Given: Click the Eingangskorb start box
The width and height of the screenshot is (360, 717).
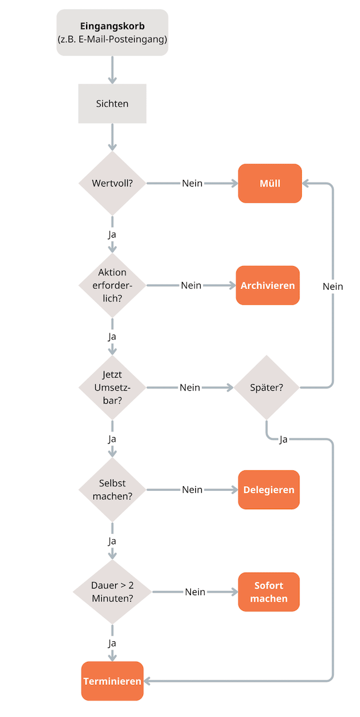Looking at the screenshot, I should [112, 33].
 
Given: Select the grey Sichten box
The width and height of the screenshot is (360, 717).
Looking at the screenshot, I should [112, 104].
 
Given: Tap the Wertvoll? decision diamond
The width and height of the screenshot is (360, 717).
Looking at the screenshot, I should [112, 183].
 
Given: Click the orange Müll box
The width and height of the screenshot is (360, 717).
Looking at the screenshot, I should [270, 183].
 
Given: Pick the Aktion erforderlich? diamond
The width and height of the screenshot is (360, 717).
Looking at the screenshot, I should [112, 285].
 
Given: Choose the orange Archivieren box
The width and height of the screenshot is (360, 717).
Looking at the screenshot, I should [268, 285].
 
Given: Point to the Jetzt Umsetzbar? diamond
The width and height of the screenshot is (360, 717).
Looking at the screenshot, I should [112, 387].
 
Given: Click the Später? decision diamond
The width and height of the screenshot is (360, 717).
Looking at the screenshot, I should [267, 387].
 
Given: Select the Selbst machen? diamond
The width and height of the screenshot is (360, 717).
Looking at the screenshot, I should [112, 490].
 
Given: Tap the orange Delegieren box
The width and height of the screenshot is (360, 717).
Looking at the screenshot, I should [269, 490].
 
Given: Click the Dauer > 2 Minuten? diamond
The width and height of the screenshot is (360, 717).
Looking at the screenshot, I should [112, 592].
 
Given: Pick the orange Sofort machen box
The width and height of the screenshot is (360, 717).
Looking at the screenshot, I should [269, 592].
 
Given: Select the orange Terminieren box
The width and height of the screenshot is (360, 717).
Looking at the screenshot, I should [112, 681].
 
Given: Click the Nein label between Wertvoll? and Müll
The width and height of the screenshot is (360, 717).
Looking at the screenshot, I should [192, 183].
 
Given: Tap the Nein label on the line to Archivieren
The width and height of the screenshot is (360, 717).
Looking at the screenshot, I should [191, 285].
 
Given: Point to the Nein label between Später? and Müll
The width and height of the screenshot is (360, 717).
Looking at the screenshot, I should [333, 286].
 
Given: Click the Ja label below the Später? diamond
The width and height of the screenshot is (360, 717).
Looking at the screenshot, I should [283, 439].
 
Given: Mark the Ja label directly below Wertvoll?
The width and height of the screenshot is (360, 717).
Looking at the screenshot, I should [112, 234].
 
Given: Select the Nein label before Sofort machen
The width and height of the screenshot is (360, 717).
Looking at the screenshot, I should [195, 592].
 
